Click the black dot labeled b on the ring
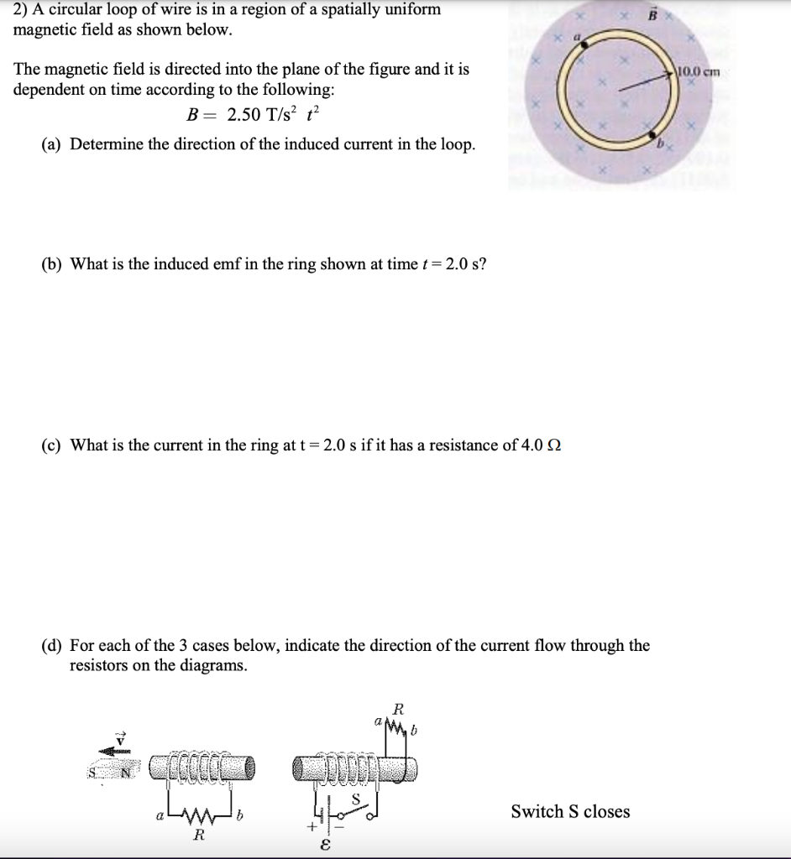652,133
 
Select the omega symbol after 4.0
553,445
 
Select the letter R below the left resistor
199,836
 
